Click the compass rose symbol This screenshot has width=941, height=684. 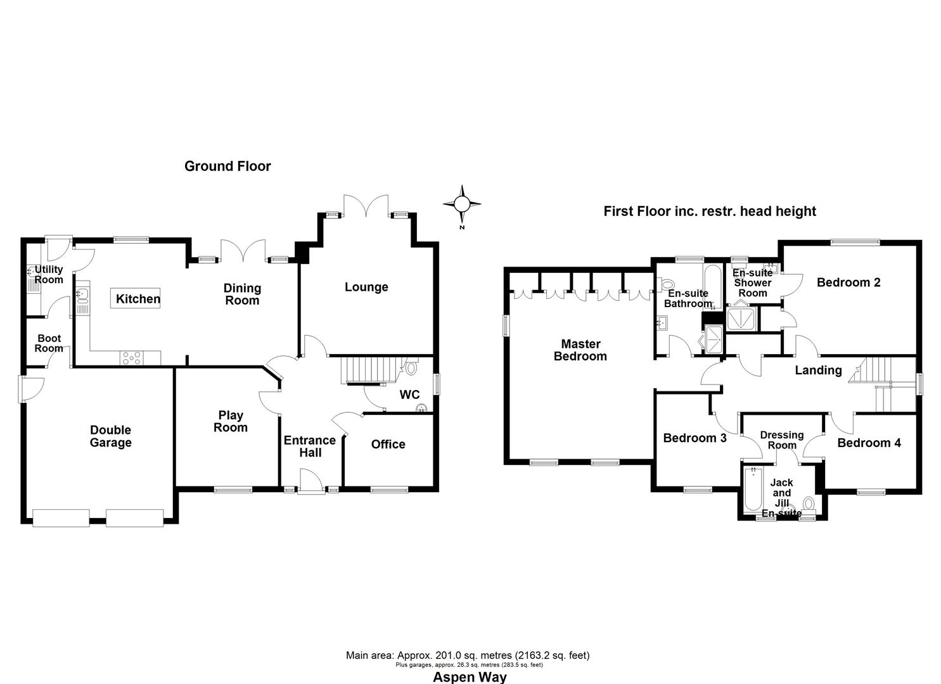[x=462, y=204]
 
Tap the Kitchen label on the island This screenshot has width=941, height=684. [x=138, y=299]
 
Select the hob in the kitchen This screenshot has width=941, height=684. [x=132, y=358]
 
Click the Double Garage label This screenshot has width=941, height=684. [x=110, y=436]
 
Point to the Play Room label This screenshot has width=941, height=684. [x=230, y=421]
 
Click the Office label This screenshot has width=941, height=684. [x=388, y=444]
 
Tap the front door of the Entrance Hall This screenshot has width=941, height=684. [x=310, y=483]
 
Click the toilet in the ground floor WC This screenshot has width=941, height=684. [x=411, y=367]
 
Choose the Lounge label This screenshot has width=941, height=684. [x=366, y=287]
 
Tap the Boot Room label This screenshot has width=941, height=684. [x=49, y=343]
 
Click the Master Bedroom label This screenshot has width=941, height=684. [x=580, y=350]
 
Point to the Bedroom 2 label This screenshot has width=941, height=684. [x=848, y=282]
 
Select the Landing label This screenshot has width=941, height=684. [x=818, y=370]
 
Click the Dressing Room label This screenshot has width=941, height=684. [x=781, y=440]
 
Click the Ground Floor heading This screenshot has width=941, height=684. [x=227, y=166]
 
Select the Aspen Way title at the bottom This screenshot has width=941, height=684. [x=470, y=677]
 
